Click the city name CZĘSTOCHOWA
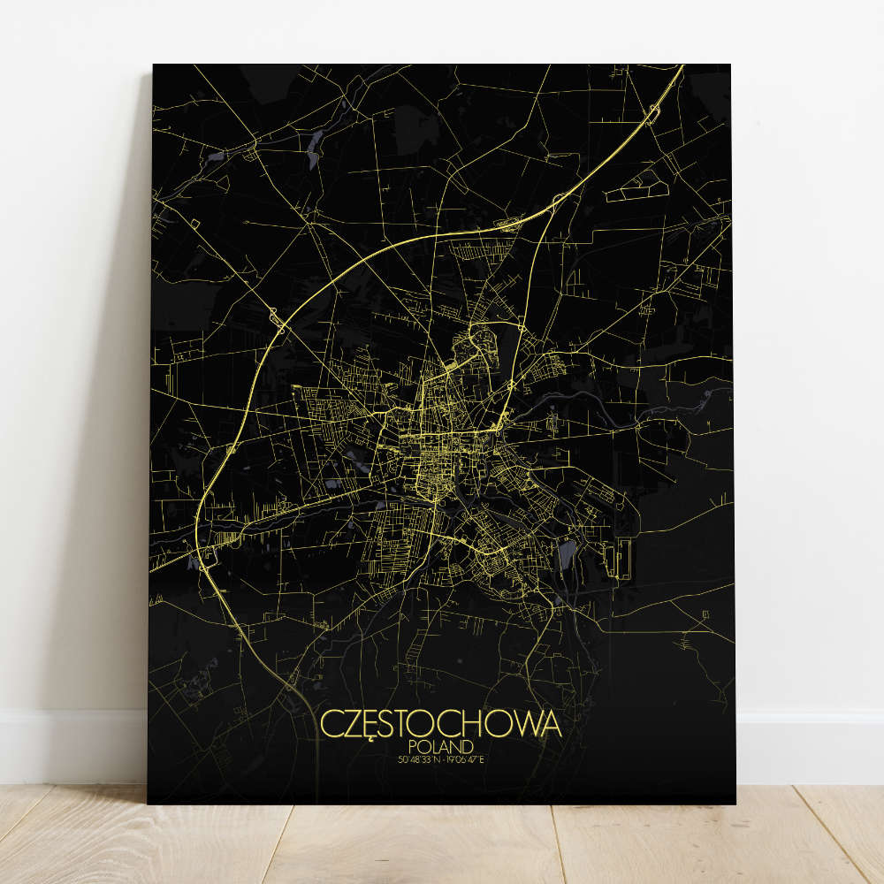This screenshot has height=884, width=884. click(440, 723)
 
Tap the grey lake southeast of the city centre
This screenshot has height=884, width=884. click(567, 554)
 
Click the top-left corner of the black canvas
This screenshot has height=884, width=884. click(154, 65)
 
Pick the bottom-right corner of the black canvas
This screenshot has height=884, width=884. click(735, 804)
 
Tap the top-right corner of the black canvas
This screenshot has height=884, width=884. click(731, 65)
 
